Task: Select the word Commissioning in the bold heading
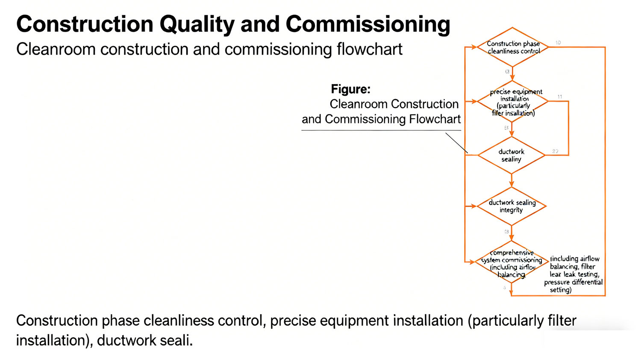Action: pyautogui.click(x=368, y=24)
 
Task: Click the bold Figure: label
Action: pyautogui.click(x=350, y=89)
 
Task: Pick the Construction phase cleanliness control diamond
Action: pyautogui.click(x=512, y=47)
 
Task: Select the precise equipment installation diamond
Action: pyautogui.click(x=512, y=102)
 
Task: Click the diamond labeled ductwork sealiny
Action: pyautogui.click(x=512, y=155)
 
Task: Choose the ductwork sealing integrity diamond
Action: pyautogui.click(x=512, y=206)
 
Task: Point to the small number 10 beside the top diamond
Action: pyautogui.click(x=558, y=43)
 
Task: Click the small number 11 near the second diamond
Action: pyautogui.click(x=559, y=97)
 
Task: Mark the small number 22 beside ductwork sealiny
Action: pyautogui.click(x=555, y=151)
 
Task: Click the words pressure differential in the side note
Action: pyautogui.click(x=573, y=282)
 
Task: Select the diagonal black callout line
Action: pyautogui.click(x=456, y=143)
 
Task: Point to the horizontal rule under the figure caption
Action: pyautogui.click(x=381, y=130)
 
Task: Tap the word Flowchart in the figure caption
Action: pyautogui.click(x=435, y=119)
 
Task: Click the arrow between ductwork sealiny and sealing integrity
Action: pyautogui.click(x=512, y=181)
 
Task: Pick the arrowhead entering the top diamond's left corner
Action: pyautogui.click(x=474, y=47)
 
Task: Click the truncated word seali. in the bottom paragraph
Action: pyautogui.click(x=176, y=340)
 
